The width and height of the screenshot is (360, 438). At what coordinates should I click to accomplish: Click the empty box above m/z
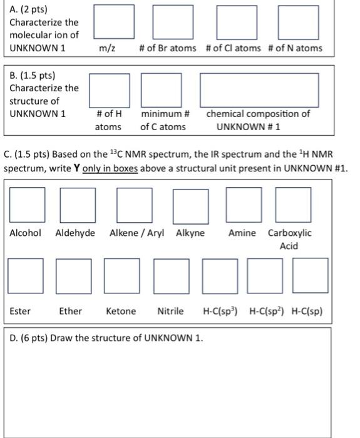(113, 22)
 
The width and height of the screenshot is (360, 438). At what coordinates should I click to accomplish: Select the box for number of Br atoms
(163, 22)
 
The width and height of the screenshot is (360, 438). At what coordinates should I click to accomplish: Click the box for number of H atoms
(110, 89)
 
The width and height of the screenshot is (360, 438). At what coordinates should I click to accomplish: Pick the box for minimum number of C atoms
(158, 89)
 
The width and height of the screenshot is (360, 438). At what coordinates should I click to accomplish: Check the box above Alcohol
(26, 205)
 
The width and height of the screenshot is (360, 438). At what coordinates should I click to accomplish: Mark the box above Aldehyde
(78, 205)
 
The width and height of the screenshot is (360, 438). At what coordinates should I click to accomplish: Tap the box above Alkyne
(191, 205)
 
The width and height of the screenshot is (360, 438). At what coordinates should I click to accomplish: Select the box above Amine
(242, 205)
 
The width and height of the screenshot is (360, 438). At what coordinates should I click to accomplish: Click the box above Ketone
(121, 276)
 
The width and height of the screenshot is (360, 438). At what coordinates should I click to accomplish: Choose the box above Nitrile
(170, 276)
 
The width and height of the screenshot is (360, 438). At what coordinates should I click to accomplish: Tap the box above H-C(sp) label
(310, 276)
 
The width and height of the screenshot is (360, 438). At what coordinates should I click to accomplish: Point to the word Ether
(70, 311)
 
